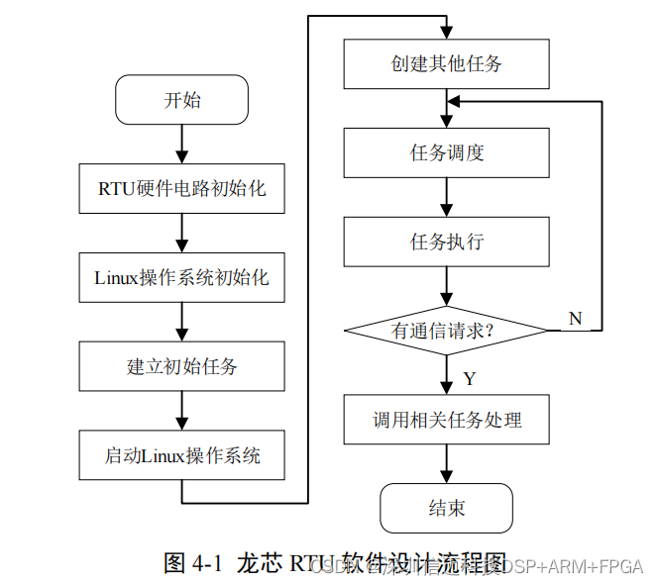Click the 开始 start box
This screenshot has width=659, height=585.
tap(181, 100)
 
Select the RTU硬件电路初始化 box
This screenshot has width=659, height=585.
tap(181, 188)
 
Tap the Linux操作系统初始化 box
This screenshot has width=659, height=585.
tap(181, 277)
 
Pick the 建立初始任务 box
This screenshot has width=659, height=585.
tap(181, 366)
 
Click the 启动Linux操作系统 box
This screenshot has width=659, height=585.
tap(181, 455)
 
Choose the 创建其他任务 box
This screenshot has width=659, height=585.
tap(447, 64)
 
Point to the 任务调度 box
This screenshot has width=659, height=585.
tap(447, 152)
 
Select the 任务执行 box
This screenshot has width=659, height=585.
tap(447, 242)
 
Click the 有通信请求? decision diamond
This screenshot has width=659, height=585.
tap(445, 331)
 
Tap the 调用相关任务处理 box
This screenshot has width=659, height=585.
tap(447, 420)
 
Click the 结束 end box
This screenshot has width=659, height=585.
tap(447, 508)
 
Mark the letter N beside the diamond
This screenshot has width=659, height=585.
tap(575, 317)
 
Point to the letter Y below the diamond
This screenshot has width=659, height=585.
tap(469, 379)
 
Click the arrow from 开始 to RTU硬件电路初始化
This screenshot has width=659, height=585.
tap(181, 144)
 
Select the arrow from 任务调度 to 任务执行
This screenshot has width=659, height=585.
tap(447, 197)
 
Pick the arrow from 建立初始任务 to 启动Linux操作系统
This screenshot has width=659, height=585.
tap(181, 411)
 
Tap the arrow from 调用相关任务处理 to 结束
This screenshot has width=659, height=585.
tap(447, 463)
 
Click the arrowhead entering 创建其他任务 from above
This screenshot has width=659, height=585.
tap(447, 33)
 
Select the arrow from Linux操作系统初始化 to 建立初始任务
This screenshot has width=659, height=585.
tap(181, 322)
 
